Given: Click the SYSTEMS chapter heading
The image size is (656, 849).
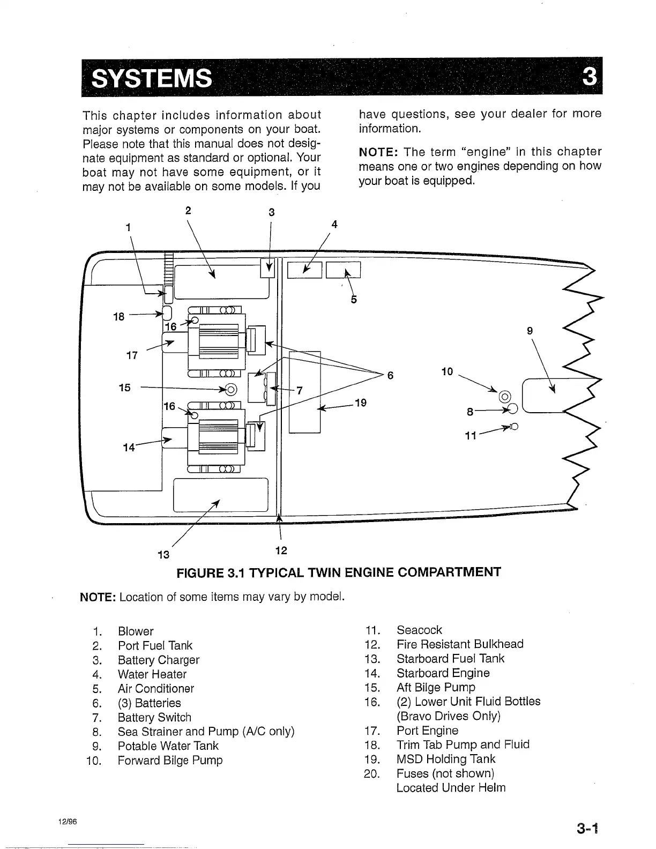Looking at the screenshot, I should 151,79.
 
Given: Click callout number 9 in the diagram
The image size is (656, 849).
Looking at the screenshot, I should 530,331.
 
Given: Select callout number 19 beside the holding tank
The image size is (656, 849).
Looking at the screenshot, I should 360,403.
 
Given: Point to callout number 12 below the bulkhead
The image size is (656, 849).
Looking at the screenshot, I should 281,550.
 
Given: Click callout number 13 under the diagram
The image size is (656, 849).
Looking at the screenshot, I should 163,554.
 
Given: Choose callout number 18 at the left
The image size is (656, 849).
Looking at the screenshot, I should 118,317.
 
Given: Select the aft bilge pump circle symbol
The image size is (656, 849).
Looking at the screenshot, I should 231,389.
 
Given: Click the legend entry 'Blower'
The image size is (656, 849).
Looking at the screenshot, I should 136,631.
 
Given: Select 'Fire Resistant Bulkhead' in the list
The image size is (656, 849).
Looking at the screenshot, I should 460,644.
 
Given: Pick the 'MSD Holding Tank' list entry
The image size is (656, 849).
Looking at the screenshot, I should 446,759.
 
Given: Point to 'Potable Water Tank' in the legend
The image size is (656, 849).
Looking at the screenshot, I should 168,746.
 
